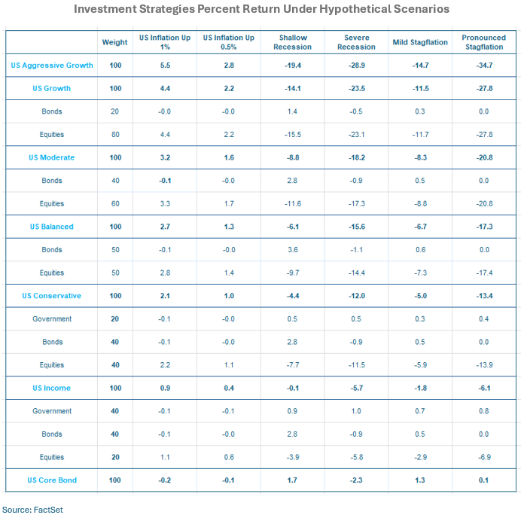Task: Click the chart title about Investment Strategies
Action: [261, 9]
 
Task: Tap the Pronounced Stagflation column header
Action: [484, 42]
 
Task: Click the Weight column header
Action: [114, 42]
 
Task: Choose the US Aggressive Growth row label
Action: [52, 66]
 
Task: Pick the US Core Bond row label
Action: [52, 480]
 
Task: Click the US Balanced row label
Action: [52, 227]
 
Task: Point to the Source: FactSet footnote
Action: [32, 510]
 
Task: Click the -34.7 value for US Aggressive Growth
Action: [484, 66]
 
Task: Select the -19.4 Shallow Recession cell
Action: [293, 66]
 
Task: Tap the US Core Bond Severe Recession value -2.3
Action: [356, 480]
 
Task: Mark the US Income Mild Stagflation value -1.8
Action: [420, 388]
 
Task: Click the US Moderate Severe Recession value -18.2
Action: [356, 158]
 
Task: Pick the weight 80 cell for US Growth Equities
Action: [114, 135]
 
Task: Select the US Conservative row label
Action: [52, 296]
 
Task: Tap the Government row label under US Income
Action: [52, 411]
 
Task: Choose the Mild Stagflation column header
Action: [420, 42]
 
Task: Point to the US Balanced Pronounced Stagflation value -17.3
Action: [484, 227]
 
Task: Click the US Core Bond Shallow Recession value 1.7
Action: [293, 480]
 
